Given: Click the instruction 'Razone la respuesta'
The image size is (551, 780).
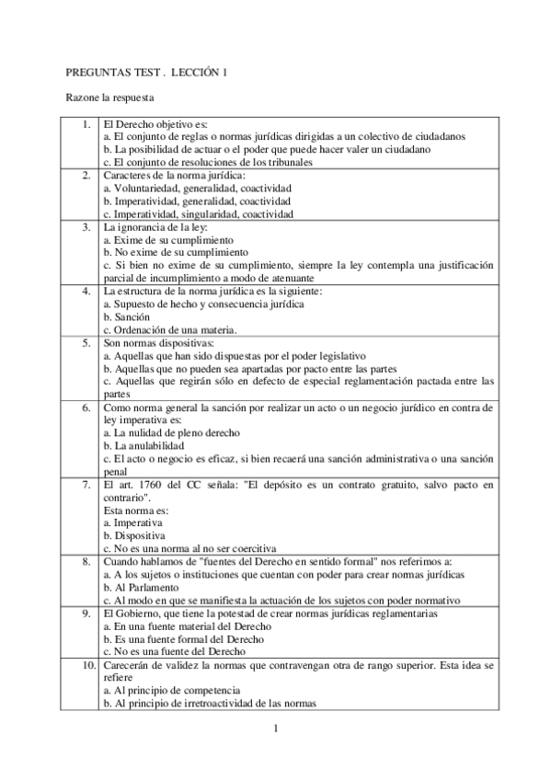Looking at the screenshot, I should (109, 97).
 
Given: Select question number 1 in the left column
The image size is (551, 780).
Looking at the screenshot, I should (85, 123).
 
